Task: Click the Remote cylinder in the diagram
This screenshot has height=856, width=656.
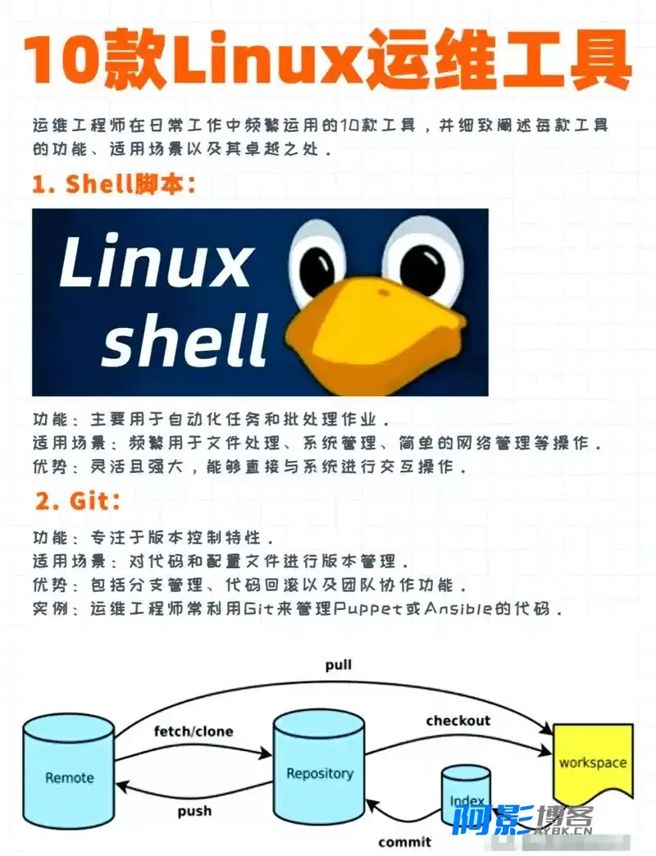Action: [69, 774]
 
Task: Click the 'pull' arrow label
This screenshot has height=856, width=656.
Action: [339, 666]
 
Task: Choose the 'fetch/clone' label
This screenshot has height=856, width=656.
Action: [194, 731]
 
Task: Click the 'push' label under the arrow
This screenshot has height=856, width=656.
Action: [194, 811]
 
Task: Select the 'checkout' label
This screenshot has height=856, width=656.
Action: [458, 721]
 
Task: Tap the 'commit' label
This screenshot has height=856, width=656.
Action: [404, 842]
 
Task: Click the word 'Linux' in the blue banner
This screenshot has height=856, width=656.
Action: [155, 261]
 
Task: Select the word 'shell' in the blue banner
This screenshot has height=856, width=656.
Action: [185, 339]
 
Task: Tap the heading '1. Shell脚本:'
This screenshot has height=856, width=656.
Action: [113, 184]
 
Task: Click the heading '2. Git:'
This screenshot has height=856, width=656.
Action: [78, 500]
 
